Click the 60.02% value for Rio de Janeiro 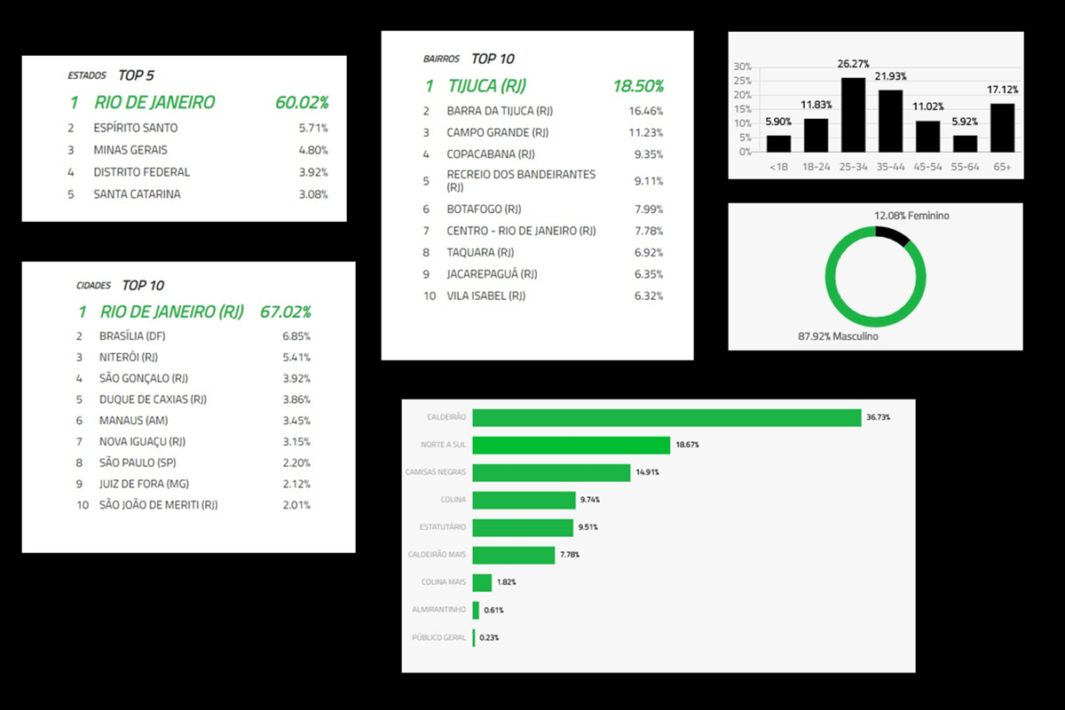pyautogui.click(x=302, y=102)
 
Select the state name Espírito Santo pyautogui.click(x=136, y=128)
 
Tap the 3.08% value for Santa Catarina pyautogui.click(x=313, y=194)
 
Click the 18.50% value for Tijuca pyautogui.click(x=638, y=86)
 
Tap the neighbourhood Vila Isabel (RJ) pyautogui.click(x=485, y=296)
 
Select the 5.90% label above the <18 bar pyautogui.click(x=778, y=122)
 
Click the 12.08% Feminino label pyautogui.click(x=918, y=216)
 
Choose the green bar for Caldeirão pyautogui.click(x=667, y=417)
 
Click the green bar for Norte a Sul pyautogui.click(x=571, y=445)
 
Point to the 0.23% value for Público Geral pyautogui.click(x=489, y=637)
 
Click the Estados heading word pyautogui.click(x=87, y=76)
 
